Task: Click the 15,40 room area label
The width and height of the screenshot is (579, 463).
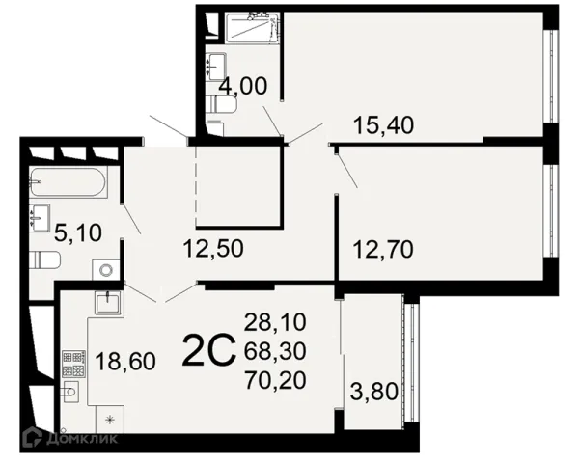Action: click(x=384, y=124)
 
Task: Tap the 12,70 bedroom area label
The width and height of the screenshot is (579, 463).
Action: click(x=383, y=249)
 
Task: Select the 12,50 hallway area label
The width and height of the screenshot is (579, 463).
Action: click(x=213, y=248)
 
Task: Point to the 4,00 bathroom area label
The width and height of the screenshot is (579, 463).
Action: click(x=242, y=87)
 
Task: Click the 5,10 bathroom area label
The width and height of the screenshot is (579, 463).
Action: click(x=78, y=233)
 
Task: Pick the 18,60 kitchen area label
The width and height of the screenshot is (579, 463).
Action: click(x=125, y=361)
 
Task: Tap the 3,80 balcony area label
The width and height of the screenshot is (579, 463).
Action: click(x=374, y=391)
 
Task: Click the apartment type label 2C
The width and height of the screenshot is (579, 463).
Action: click(x=208, y=350)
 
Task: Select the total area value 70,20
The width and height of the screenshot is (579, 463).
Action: click(x=275, y=380)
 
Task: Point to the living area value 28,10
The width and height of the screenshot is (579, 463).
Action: click(x=275, y=321)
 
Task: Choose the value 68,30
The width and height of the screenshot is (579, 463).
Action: click(x=275, y=351)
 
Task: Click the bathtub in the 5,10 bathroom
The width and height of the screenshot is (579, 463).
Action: click(x=68, y=181)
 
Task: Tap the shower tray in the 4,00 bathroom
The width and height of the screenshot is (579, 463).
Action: click(x=252, y=27)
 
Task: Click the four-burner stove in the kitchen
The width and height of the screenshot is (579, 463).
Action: click(x=74, y=364)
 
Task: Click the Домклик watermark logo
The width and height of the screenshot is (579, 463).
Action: click(x=69, y=438)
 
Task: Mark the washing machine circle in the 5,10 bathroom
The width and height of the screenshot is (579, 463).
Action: click(x=106, y=269)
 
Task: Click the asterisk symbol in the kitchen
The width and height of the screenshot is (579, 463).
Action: click(x=110, y=420)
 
